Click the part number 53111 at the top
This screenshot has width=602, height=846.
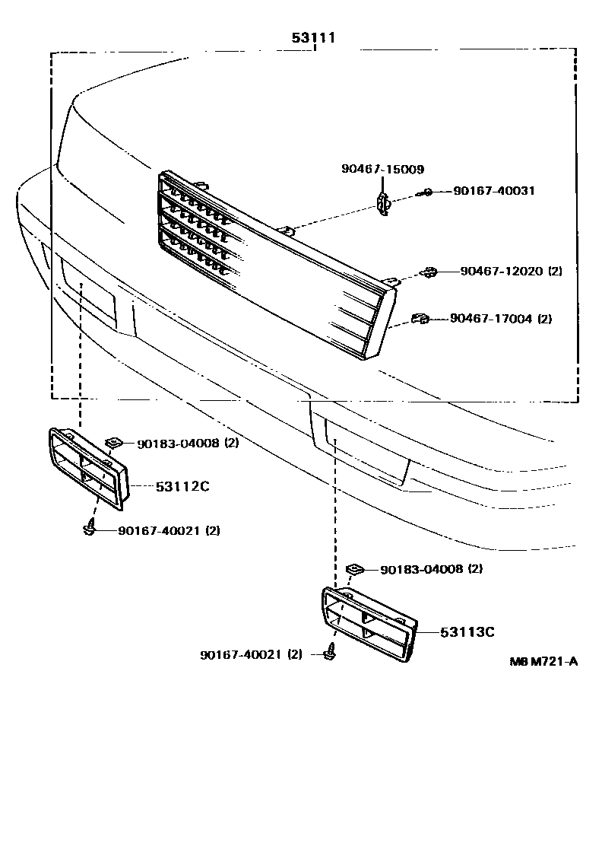[x=314, y=37]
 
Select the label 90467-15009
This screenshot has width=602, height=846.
[x=382, y=170]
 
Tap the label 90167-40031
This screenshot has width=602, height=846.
[x=493, y=191]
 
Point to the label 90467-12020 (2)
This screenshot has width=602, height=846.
[x=510, y=271]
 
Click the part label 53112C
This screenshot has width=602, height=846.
[x=182, y=486]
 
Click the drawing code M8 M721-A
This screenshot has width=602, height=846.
[x=543, y=661]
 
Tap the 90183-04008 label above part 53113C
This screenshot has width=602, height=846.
[x=432, y=569]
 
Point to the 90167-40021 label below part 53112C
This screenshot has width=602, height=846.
[x=169, y=531]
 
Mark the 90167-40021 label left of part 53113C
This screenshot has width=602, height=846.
[x=252, y=654]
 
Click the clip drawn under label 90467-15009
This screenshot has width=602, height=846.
[x=385, y=203]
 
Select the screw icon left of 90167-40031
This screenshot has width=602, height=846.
[x=428, y=192]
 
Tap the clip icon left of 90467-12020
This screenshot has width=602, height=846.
[x=429, y=272]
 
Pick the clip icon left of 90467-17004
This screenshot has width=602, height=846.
[x=419, y=320]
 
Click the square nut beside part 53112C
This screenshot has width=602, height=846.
[x=114, y=442]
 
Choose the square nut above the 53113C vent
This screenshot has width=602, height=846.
[x=354, y=569]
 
